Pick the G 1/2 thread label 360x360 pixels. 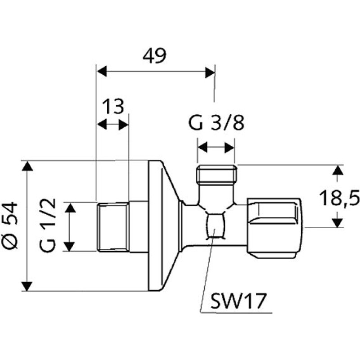(x=50, y=227)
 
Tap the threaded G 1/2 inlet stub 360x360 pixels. (x=112, y=227)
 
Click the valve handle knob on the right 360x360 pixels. (x=275, y=227)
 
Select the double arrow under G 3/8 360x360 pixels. (x=216, y=147)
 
